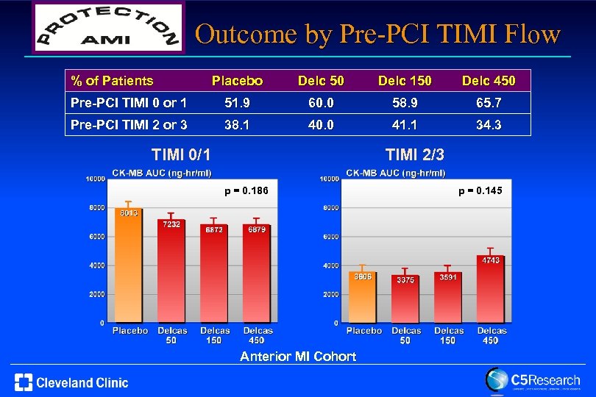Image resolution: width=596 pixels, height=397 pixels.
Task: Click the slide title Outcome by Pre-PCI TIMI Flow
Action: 378,35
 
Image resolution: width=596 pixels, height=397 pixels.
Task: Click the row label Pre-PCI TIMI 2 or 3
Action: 129,125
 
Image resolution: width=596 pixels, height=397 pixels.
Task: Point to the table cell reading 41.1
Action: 405,125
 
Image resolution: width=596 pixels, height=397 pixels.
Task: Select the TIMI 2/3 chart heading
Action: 415,154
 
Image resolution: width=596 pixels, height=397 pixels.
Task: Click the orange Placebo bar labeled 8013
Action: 129,265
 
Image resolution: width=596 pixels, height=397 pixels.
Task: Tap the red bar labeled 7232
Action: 172,272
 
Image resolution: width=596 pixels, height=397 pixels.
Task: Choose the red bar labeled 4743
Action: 491,290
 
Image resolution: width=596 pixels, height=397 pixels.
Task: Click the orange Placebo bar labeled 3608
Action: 362,298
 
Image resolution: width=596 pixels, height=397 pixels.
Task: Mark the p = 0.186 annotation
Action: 246,191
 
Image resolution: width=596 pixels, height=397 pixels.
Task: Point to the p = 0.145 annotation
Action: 480,191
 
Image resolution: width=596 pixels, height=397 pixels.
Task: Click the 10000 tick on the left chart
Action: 93,179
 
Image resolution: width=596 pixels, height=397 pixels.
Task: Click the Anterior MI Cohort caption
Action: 298,357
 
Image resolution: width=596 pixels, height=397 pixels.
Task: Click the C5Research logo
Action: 532,381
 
